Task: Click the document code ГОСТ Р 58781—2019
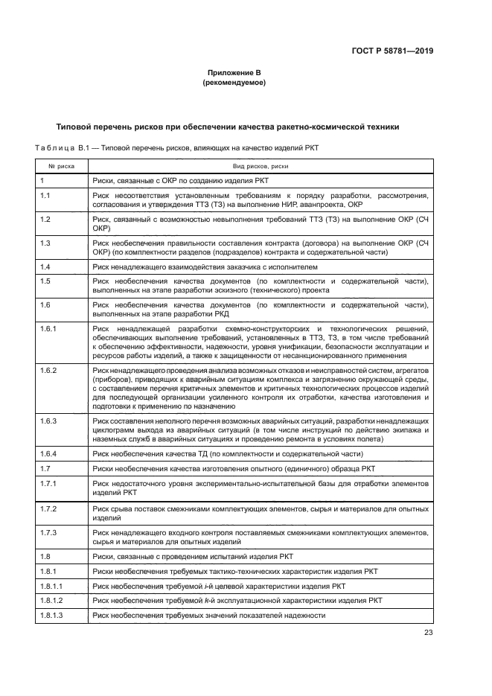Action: [x=392, y=51]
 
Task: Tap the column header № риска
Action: [x=60, y=167]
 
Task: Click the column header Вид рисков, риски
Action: [x=260, y=167]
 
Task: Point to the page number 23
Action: [x=428, y=633]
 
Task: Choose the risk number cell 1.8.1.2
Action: [x=51, y=600]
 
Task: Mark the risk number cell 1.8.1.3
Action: [x=51, y=616]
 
